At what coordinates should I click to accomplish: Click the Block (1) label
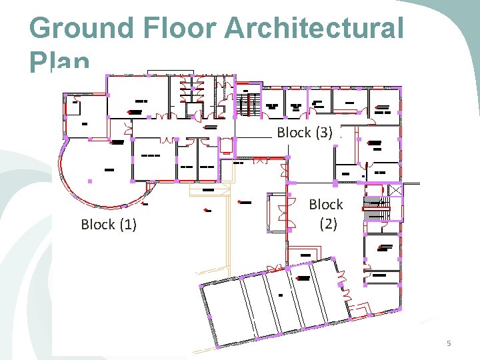pos(109,225)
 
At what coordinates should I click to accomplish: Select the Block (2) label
pos(326,214)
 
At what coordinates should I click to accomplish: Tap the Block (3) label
pos(305,133)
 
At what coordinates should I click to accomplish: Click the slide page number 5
pos(449,343)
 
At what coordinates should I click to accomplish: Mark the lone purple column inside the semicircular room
pos(89,181)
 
